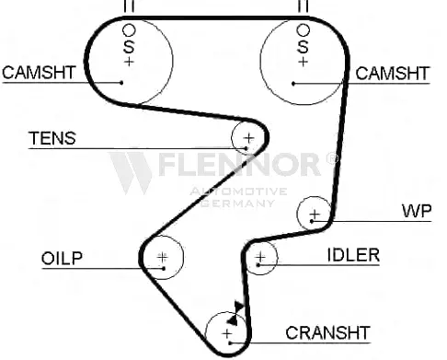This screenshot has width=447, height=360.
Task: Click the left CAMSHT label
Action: pyautogui.click(x=39, y=73)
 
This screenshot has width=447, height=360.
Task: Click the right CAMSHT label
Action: pyautogui.click(x=393, y=74)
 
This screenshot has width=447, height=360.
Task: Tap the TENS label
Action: pyautogui.click(x=52, y=138)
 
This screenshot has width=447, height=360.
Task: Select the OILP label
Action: pyautogui.click(x=62, y=258)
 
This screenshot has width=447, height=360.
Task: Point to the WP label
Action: pyautogui.click(x=417, y=211)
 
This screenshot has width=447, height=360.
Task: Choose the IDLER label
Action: pyautogui.click(x=353, y=255)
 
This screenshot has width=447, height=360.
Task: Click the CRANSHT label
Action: pyautogui.click(x=327, y=333)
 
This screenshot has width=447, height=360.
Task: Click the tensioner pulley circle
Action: pyautogui.click(x=232, y=138)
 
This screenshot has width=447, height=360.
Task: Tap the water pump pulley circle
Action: pyautogui.click(x=297, y=214)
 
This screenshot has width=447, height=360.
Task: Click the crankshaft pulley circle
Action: pyautogui.click(x=206, y=333)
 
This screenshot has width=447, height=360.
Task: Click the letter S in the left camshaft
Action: pyautogui.click(x=129, y=47)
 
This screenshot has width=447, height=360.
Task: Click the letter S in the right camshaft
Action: pyautogui.click(x=303, y=47)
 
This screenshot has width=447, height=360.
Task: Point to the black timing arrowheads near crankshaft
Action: pyautogui.click(x=235, y=313)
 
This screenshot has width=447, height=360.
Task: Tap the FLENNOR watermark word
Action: pyautogui.click(x=240, y=165)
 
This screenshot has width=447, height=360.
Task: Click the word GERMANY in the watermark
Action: pyautogui.click(x=238, y=203)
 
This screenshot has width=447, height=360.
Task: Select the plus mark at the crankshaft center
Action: pyautogui.click(x=227, y=333)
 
